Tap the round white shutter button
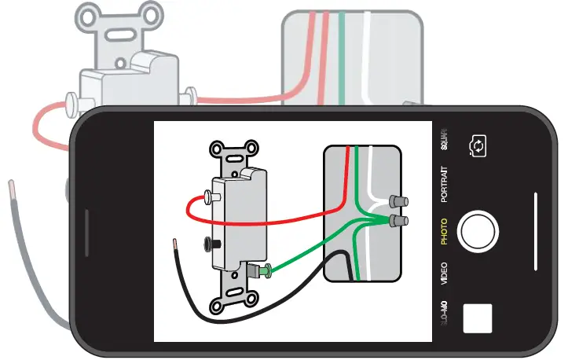478,230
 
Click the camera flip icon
477,145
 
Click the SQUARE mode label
444,138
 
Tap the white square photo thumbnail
478,317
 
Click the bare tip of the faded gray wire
12,189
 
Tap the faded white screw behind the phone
69,101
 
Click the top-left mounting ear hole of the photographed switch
215,149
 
